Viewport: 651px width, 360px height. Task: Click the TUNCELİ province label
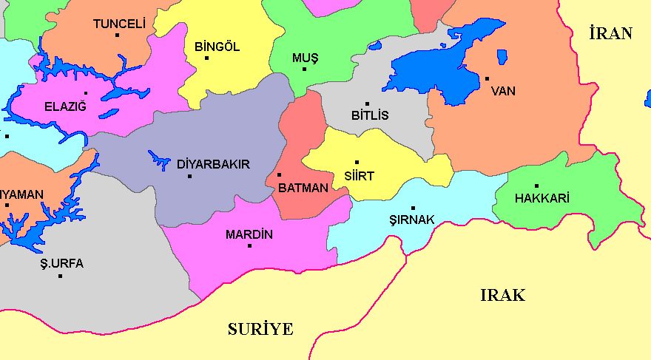118,24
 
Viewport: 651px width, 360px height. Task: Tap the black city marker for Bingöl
207,58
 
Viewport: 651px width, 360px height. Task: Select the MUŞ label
303,58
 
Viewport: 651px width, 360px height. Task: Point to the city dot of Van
487,78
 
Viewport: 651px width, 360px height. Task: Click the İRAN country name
611,33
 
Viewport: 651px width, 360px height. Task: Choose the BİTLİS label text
370,115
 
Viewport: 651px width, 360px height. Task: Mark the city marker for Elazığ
86,93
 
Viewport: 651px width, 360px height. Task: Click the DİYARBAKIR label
214,164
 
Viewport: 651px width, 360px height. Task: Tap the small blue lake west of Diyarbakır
159,159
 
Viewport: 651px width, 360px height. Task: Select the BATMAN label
303,188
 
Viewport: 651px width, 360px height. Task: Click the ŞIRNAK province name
412,220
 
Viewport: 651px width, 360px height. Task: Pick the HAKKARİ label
542,198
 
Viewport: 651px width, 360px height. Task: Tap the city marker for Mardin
249,245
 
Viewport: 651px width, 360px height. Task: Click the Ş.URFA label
62,264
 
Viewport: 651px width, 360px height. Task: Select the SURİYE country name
260,330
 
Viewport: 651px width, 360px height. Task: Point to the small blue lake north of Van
502,57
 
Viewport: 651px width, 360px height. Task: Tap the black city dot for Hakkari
536,186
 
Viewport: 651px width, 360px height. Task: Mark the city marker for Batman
279,175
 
